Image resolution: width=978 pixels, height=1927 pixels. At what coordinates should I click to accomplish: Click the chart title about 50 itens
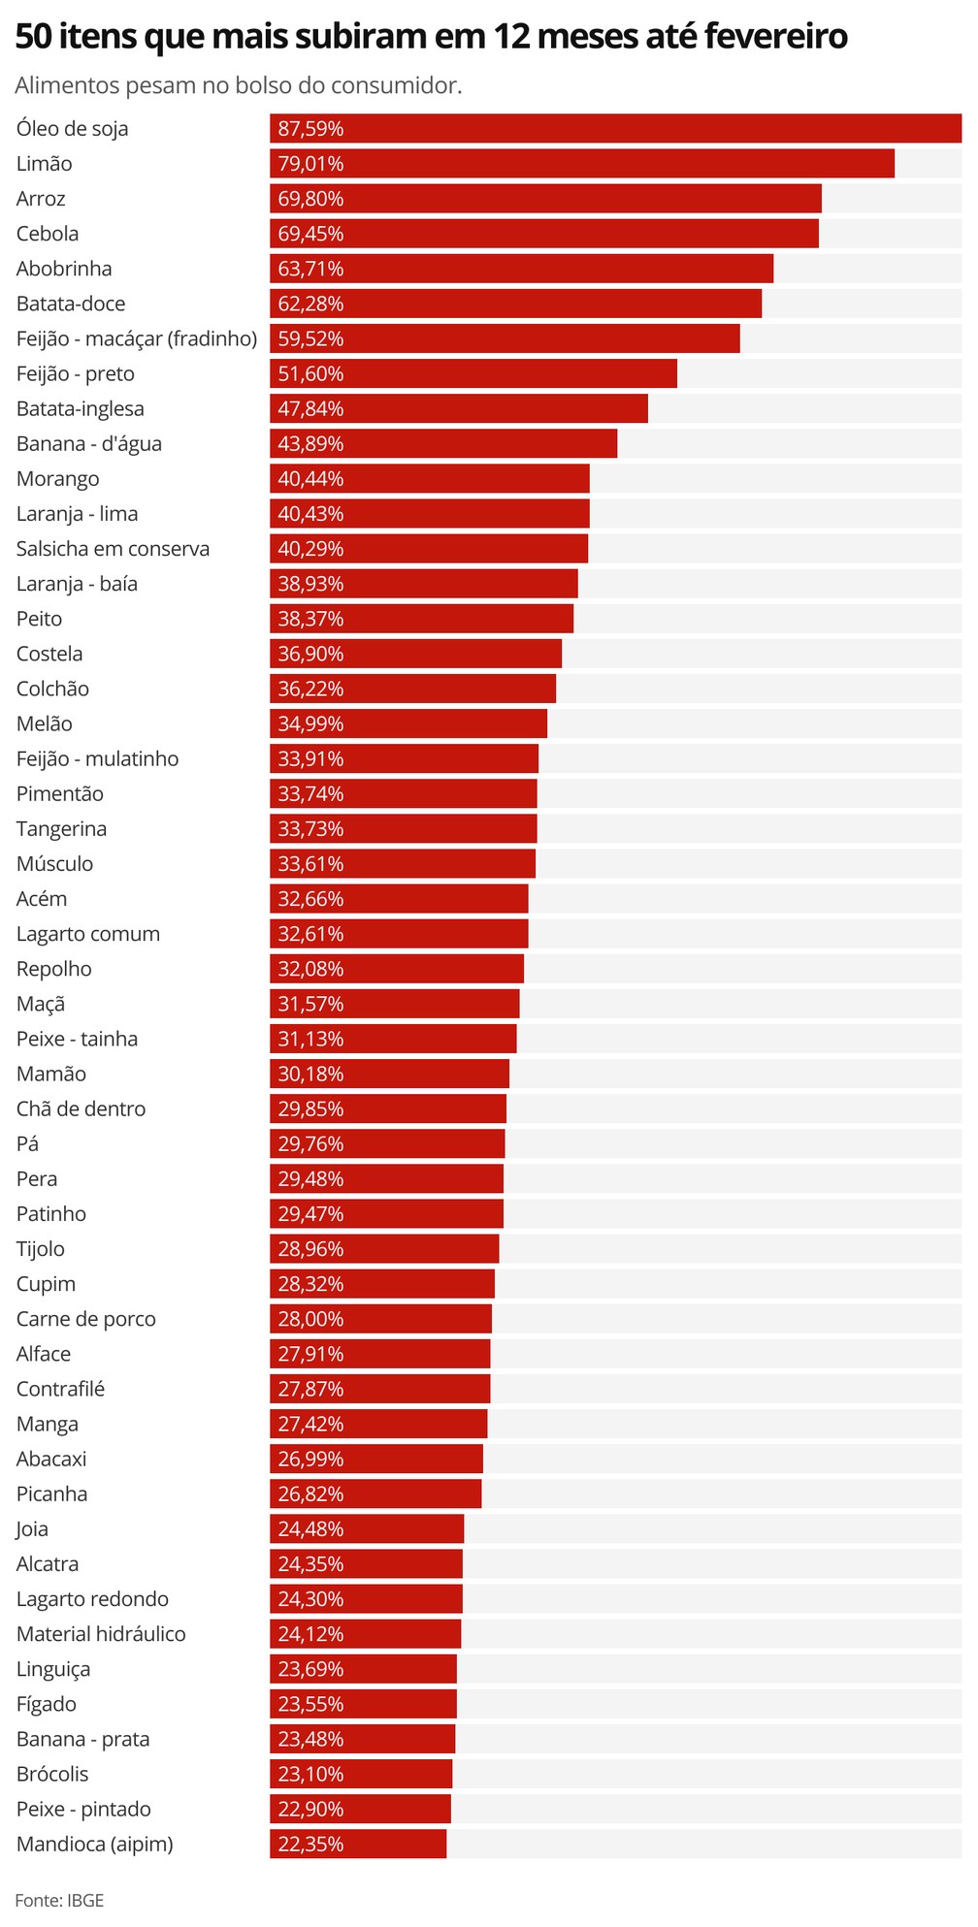pos(432,37)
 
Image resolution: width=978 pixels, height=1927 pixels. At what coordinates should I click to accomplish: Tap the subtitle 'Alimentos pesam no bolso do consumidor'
pos(239,85)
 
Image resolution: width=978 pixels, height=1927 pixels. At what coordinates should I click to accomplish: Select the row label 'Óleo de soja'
pos(73,129)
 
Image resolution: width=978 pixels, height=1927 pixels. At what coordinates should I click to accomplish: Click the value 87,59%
pos(310,129)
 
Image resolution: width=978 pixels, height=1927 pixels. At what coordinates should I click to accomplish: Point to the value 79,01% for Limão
pos(310,164)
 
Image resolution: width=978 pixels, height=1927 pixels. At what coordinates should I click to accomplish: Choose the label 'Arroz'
pos(41,199)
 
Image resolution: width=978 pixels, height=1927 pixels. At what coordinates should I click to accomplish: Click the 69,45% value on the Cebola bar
pos(310,234)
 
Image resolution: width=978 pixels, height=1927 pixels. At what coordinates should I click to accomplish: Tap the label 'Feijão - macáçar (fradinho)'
pos(137,338)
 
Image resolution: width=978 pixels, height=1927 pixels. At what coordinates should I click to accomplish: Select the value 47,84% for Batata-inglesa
pos(310,408)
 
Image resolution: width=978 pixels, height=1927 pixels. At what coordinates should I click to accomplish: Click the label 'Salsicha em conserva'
pos(113,549)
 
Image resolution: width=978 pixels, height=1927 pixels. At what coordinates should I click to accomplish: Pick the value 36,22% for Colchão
pos(310,689)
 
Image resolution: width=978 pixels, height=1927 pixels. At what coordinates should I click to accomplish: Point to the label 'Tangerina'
pos(61,828)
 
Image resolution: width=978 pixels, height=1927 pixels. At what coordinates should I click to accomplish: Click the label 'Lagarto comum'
pos(88,934)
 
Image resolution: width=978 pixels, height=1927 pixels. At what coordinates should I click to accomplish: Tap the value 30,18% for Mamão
pos(310,1074)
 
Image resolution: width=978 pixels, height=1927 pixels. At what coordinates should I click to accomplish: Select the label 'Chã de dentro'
pos(81,1108)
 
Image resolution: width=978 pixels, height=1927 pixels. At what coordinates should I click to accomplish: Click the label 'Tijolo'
pos(41,1249)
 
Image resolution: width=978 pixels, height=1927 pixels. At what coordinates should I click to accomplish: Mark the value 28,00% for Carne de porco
pos(310,1319)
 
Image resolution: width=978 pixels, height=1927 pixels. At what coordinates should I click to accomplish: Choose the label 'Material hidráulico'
pos(101,1634)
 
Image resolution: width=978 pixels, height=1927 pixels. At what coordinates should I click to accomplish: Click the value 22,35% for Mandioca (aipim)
pos(310,1844)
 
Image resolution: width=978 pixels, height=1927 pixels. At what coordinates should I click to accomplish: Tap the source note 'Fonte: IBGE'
pos(59,1900)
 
